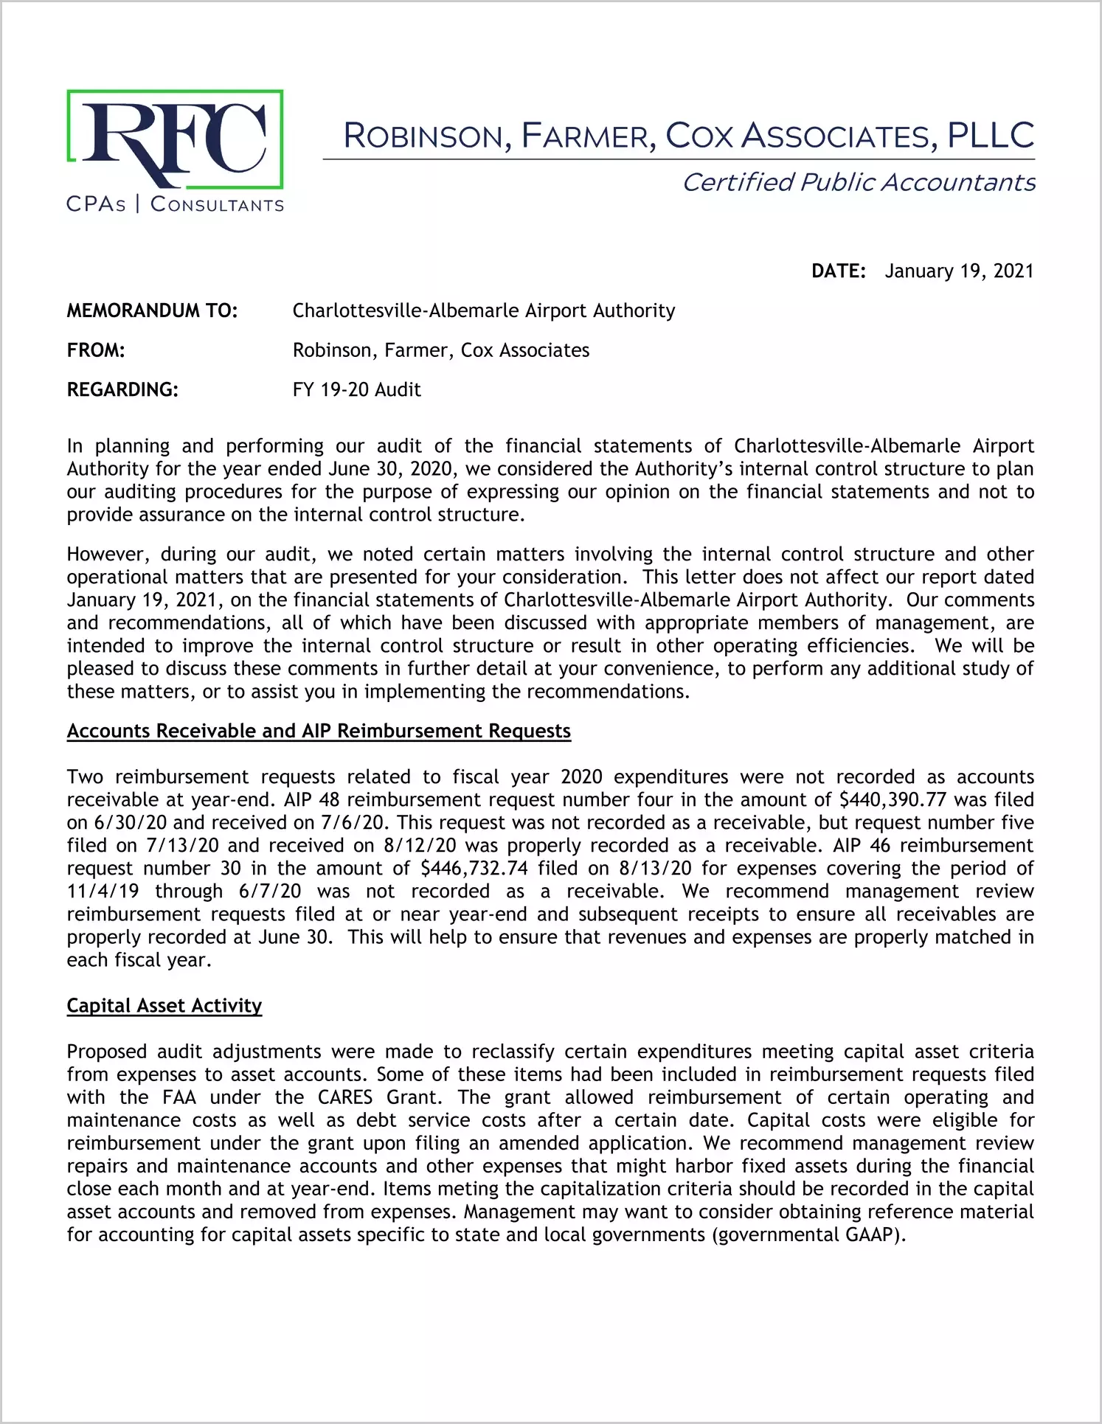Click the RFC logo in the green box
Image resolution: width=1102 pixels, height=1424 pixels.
[x=175, y=139]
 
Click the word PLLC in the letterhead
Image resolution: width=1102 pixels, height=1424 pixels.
[x=990, y=136]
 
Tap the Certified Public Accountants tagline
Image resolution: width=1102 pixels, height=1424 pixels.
[x=859, y=182]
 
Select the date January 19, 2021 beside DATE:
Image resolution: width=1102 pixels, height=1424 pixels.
[x=959, y=271]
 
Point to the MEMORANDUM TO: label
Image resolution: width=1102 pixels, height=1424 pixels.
[x=152, y=311]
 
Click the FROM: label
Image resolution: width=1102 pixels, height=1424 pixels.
[x=96, y=350]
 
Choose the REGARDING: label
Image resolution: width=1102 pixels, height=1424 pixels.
[x=122, y=390]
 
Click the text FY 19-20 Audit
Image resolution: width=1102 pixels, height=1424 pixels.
[x=356, y=390]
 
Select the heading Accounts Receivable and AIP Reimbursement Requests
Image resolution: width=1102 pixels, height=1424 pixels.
[x=319, y=731]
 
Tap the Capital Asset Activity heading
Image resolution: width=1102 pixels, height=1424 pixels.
[x=164, y=1006]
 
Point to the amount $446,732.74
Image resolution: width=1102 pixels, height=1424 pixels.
[x=474, y=869]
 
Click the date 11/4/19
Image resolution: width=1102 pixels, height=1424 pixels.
[x=103, y=892]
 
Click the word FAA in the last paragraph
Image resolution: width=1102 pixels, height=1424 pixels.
[x=179, y=1097]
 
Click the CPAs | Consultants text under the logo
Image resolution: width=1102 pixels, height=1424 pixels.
[x=175, y=204]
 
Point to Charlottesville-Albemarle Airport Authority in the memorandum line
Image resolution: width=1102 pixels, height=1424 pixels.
[x=483, y=311]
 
